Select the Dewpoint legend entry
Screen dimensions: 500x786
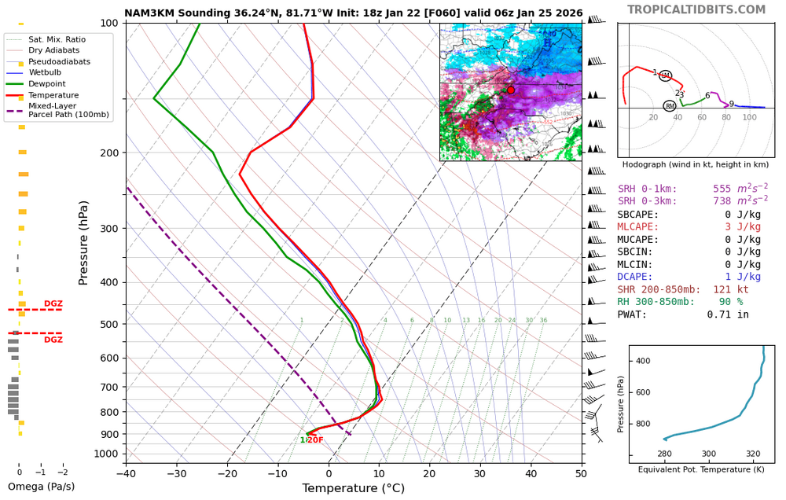click(x=46, y=83)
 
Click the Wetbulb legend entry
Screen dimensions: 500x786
click(x=46, y=72)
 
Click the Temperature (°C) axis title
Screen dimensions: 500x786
click(x=353, y=488)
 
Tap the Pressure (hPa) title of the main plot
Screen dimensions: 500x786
click(x=84, y=242)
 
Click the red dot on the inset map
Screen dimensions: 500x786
click(x=510, y=90)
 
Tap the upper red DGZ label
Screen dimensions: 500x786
click(x=53, y=303)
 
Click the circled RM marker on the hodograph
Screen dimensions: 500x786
click(x=670, y=105)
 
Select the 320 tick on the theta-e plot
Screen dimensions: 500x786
click(x=753, y=454)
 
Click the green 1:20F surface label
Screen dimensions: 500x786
click(x=311, y=440)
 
